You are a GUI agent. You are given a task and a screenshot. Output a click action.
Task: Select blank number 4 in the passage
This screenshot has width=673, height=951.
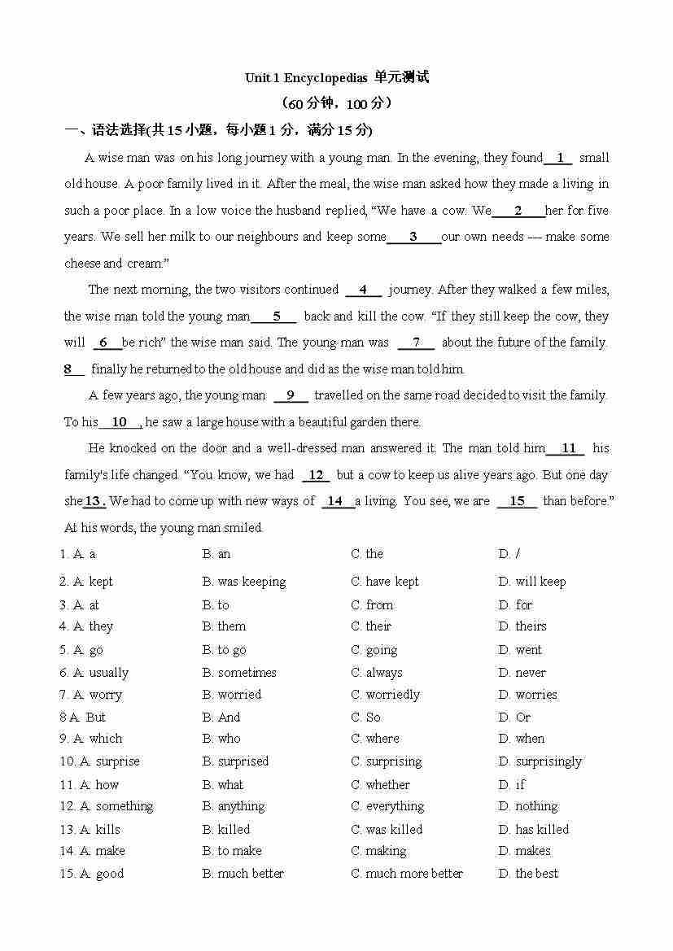(363, 290)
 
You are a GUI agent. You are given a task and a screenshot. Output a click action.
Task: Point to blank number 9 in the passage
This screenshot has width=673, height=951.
(291, 395)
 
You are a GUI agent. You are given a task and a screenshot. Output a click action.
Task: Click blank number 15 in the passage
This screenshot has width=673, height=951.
(517, 501)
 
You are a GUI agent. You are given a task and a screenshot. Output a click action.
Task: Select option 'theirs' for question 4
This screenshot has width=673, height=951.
(531, 626)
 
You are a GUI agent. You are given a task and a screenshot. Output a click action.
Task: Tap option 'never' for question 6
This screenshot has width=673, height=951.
(531, 673)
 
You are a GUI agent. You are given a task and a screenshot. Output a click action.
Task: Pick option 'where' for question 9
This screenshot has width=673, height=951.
(382, 739)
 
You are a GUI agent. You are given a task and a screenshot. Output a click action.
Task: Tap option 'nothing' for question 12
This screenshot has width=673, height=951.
(536, 806)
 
